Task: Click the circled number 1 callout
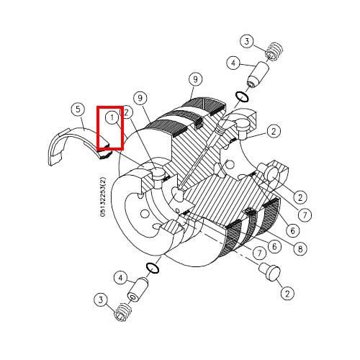pyautogui.click(x=112, y=118)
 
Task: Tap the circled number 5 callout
pyautogui.click(x=78, y=109)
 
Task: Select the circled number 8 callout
pyautogui.click(x=300, y=249)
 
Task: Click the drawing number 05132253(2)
pyautogui.click(x=103, y=197)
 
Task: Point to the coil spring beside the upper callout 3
pyautogui.click(x=274, y=51)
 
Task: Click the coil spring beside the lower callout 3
pyautogui.click(x=122, y=312)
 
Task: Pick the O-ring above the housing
pyautogui.click(x=242, y=96)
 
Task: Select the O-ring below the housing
pyautogui.click(x=153, y=268)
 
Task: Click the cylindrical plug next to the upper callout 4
pyautogui.click(x=258, y=75)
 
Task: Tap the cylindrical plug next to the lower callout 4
pyautogui.click(x=138, y=290)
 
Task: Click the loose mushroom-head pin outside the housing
pyautogui.click(x=270, y=271)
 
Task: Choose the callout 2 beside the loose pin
pyautogui.click(x=287, y=293)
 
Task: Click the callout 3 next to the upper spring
pyautogui.click(x=247, y=42)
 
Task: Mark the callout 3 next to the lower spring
pyautogui.click(x=101, y=300)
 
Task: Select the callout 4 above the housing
pyautogui.click(x=233, y=63)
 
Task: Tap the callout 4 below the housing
pyautogui.click(x=120, y=278)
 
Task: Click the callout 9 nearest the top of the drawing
pyautogui.click(x=195, y=79)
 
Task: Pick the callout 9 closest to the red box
pyautogui.click(x=140, y=98)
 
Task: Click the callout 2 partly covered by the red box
pyautogui.click(x=127, y=112)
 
